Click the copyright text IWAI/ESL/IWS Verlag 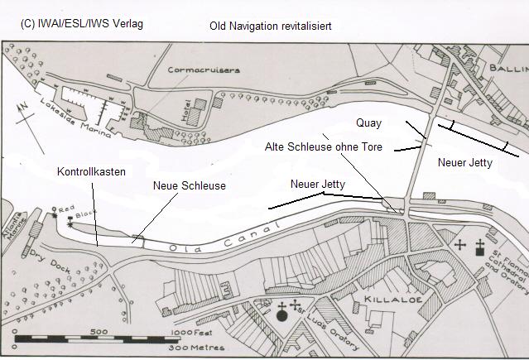coord(81,24)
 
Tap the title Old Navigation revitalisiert coord(271,26)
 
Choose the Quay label coord(368,123)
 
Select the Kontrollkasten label coord(92,172)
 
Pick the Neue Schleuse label coord(190,186)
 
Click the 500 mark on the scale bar coord(99,331)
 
